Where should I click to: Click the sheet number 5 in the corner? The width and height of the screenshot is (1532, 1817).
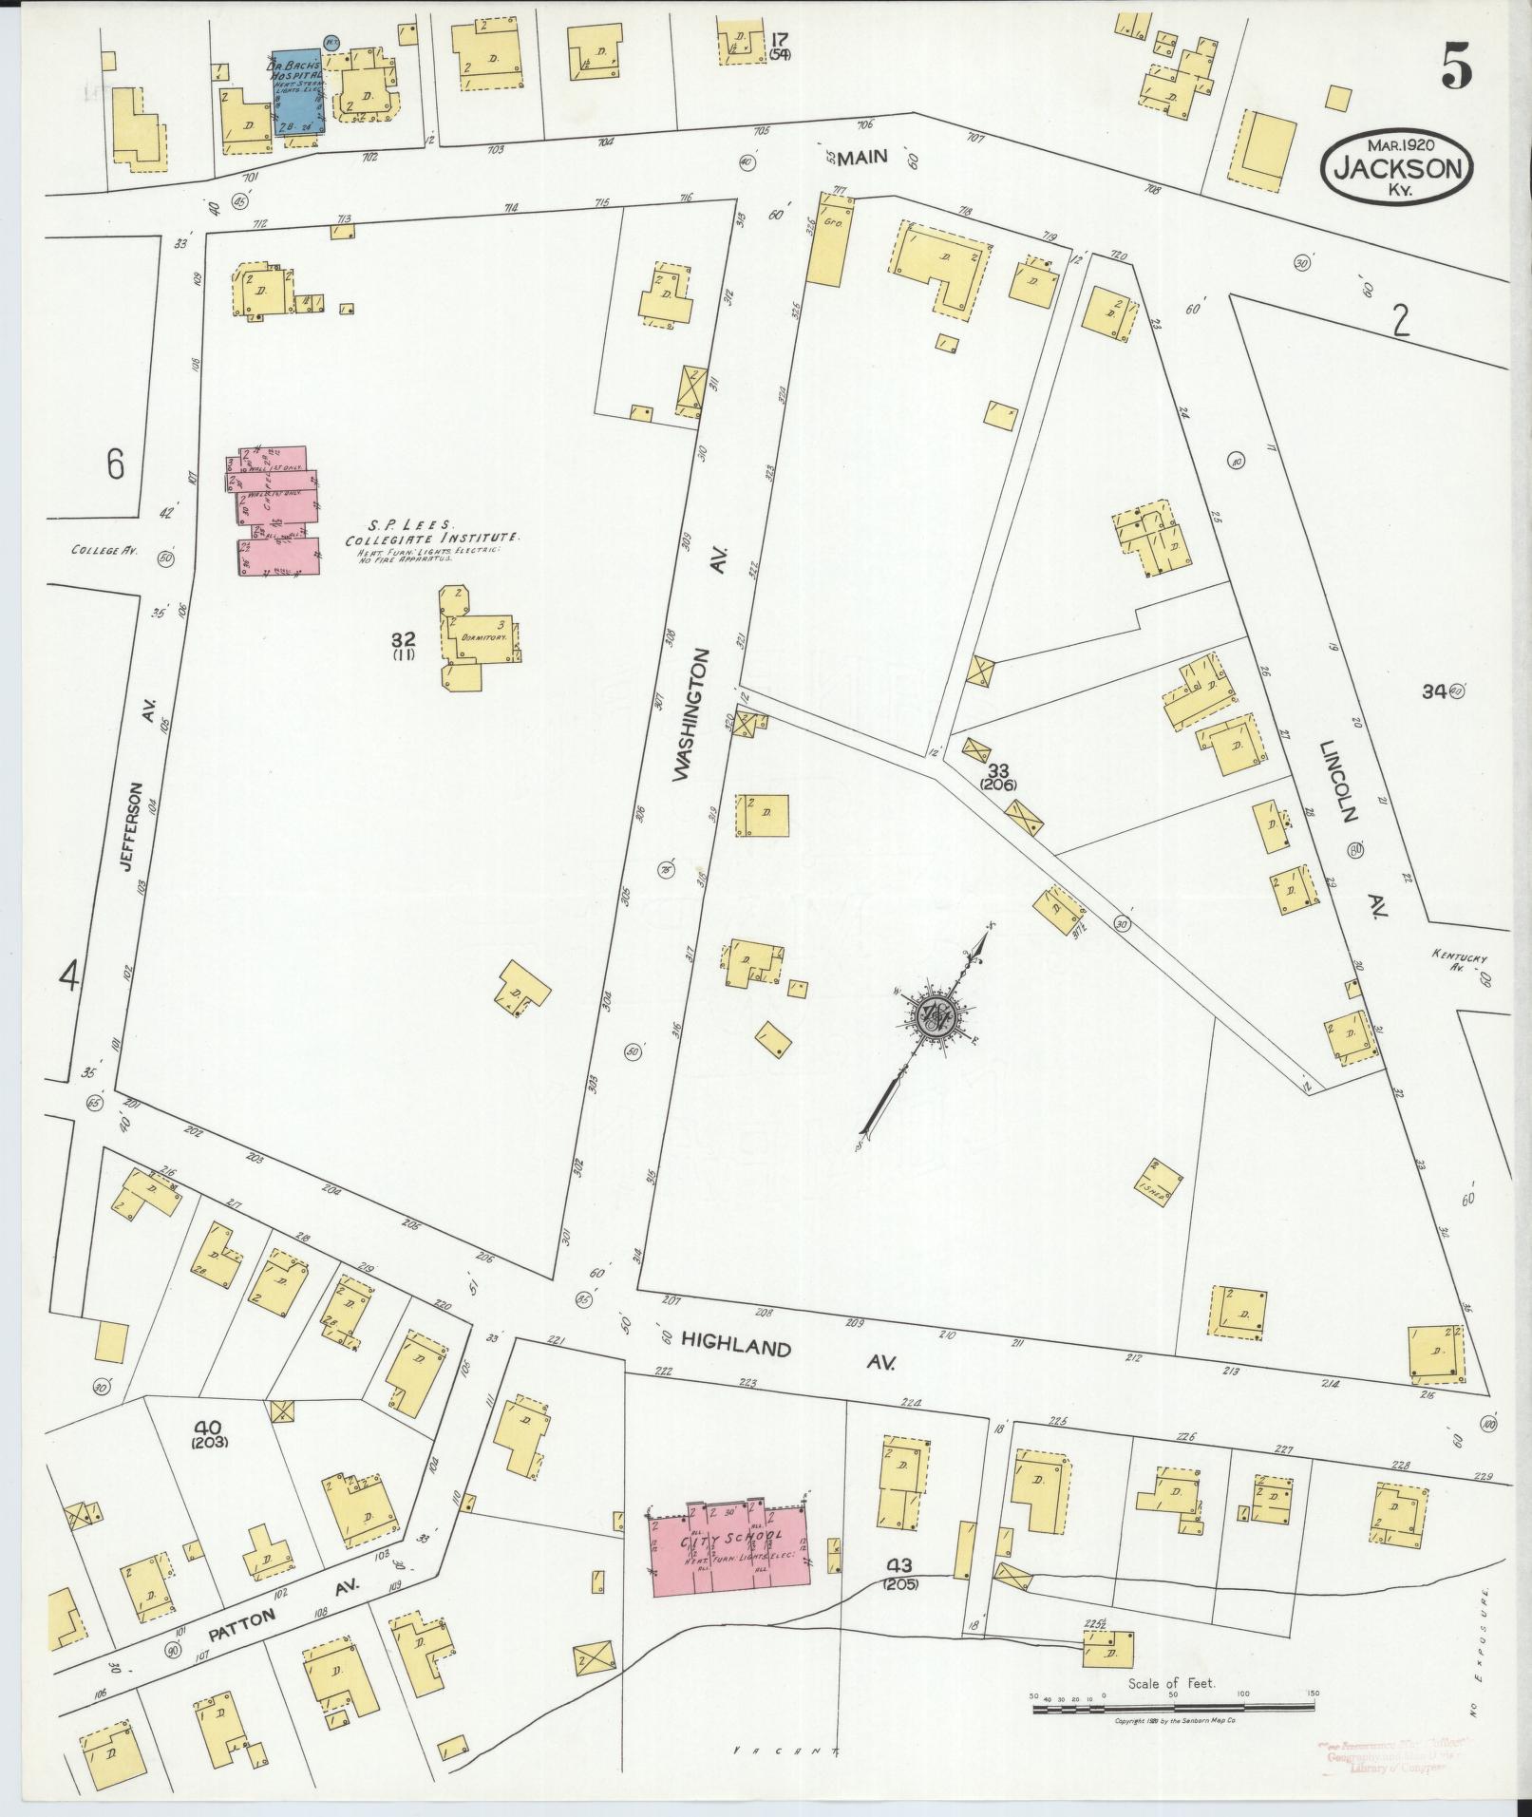pyautogui.click(x=1455, y=68)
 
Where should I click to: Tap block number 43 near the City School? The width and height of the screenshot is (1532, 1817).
pyautogui.click(x=900, y=1592)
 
